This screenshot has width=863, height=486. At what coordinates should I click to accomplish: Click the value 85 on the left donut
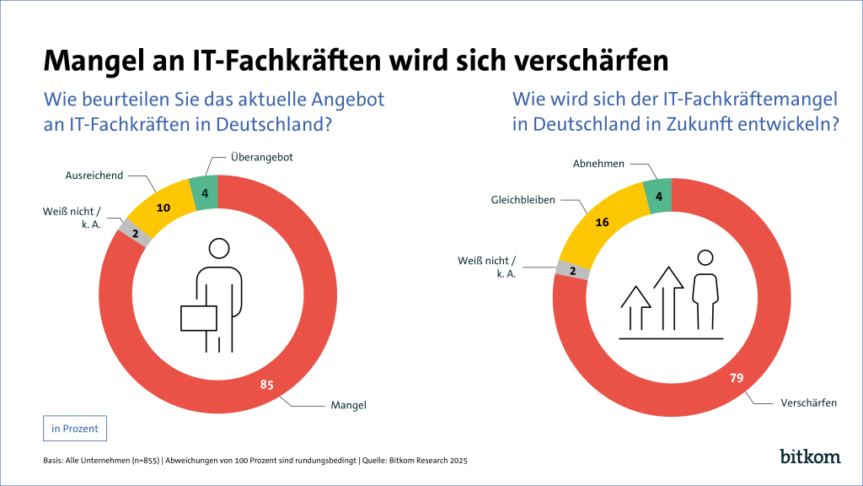tap(267, 386)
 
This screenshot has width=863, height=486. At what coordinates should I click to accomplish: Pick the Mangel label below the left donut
tap(348, 406)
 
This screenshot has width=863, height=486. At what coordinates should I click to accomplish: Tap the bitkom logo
tap(810, 456)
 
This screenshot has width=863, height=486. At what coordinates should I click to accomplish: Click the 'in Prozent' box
tap(75, 429)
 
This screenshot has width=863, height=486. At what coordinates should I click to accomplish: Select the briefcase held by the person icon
tap(199, 318)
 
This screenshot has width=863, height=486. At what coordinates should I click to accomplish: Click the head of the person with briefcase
tap(219, 248)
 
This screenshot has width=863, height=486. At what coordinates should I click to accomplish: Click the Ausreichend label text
tap(94, 175)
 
